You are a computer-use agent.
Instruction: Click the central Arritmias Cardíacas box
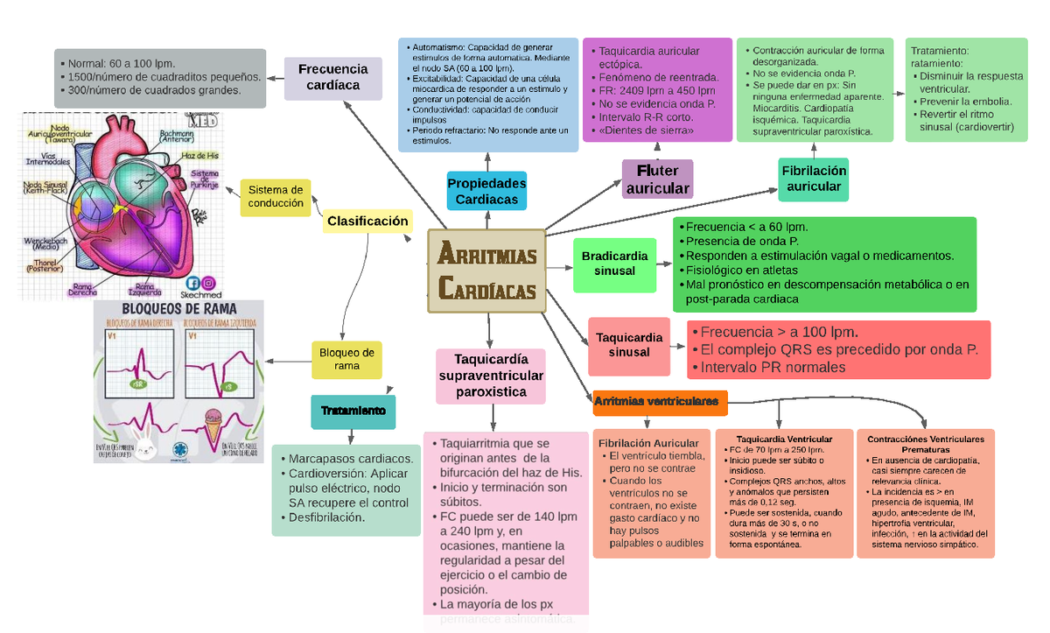pyautogui.click(x=486, y=271)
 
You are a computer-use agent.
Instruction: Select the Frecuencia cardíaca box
pyautogui.click(x=333, y=77)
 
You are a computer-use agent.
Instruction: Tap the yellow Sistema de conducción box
pyautogui.click(x=276, y=197)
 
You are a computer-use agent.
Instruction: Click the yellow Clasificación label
pyautogui.click(x=367, y=222)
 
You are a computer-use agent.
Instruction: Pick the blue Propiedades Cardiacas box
pyautogui.click(x=486, y=191)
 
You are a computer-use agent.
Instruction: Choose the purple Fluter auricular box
pyautogui.click(x=657, y=179)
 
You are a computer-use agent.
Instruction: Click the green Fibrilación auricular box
pyautogui.click(x=814, y=179)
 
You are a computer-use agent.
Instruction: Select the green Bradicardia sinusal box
pyautogui.click(x=614, y=264)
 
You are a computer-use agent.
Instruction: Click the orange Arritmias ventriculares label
pyautogui.click(x=659, y=402)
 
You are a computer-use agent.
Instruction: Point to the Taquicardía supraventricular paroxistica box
pyautogui.click(x=491, y=376)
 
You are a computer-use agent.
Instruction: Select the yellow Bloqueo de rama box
pyautogui.click(x=346, y=359)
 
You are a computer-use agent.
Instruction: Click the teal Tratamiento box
pyautogui.click(x=353, y=411)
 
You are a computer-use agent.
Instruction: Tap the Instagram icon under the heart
pyautogui.click(x=209, y=283)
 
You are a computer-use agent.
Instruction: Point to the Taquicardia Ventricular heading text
pyautogui.click(x=784, y=439)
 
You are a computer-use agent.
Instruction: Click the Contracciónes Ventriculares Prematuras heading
pyautogui.click(x=925, y=444)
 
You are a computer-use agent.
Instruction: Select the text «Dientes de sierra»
pyautogui.click(x=647, y=130)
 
